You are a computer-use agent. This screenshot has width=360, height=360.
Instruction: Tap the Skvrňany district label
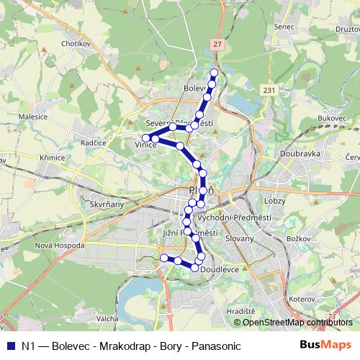tap(107, 204)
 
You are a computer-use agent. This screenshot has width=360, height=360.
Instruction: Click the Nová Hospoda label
tap(60, 245)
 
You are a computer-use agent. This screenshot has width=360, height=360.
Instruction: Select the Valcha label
tap(107, 317)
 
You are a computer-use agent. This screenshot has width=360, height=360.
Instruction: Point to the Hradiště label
tap(240, 310)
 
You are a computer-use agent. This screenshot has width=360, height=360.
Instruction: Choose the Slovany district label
tap(240, 238)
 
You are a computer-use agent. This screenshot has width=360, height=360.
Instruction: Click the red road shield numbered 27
tap(217, 44)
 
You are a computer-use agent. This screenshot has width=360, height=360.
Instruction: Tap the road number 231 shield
tap(269, 89)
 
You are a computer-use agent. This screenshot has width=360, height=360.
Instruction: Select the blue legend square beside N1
tap(11, 346)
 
